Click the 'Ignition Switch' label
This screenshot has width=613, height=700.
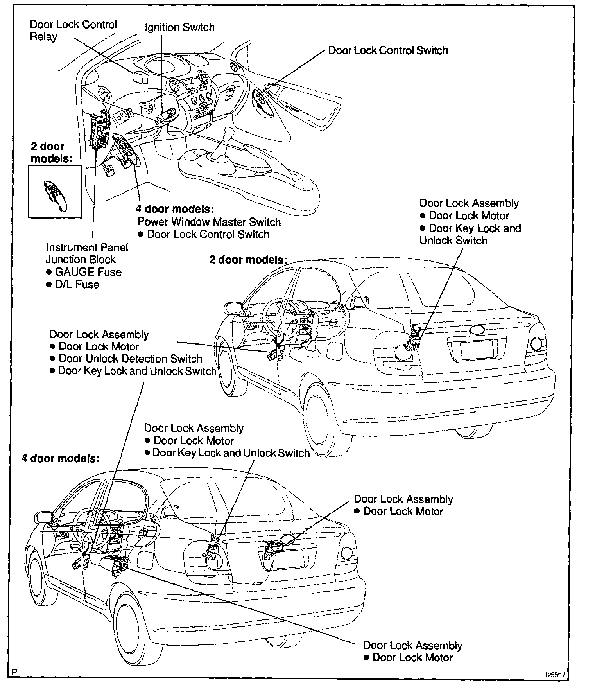(180, 27)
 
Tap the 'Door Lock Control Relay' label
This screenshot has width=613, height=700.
(73, 30)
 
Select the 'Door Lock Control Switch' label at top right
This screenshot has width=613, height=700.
(388, 50)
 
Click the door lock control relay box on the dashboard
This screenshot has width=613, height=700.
(140, 77)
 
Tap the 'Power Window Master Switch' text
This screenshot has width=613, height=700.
(209, 222)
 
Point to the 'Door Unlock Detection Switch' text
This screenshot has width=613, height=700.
(130, 359)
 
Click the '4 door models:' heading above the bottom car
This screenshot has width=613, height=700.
(60, 458)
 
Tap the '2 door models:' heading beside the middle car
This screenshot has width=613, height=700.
(248, 260)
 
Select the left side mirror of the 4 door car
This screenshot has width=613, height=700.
(43, 517)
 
